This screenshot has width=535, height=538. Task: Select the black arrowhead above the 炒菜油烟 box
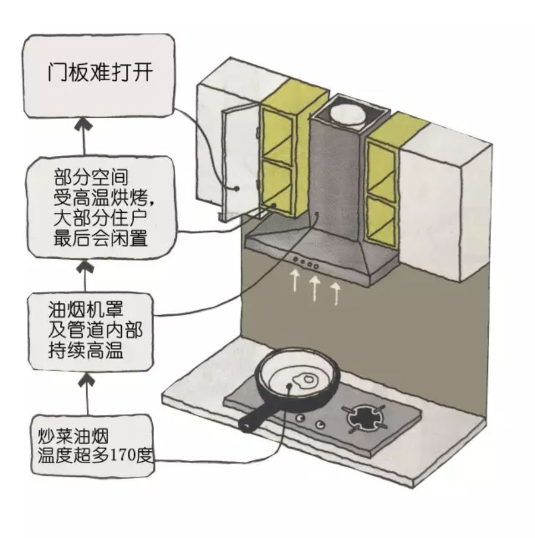87,377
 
